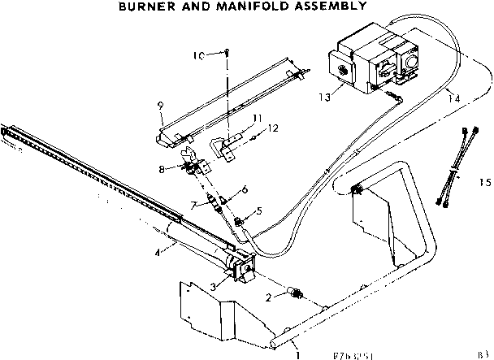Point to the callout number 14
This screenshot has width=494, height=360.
453,98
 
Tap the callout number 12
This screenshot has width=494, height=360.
273,127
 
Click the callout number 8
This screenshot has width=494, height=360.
162,169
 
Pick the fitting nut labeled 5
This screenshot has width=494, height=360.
240,221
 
